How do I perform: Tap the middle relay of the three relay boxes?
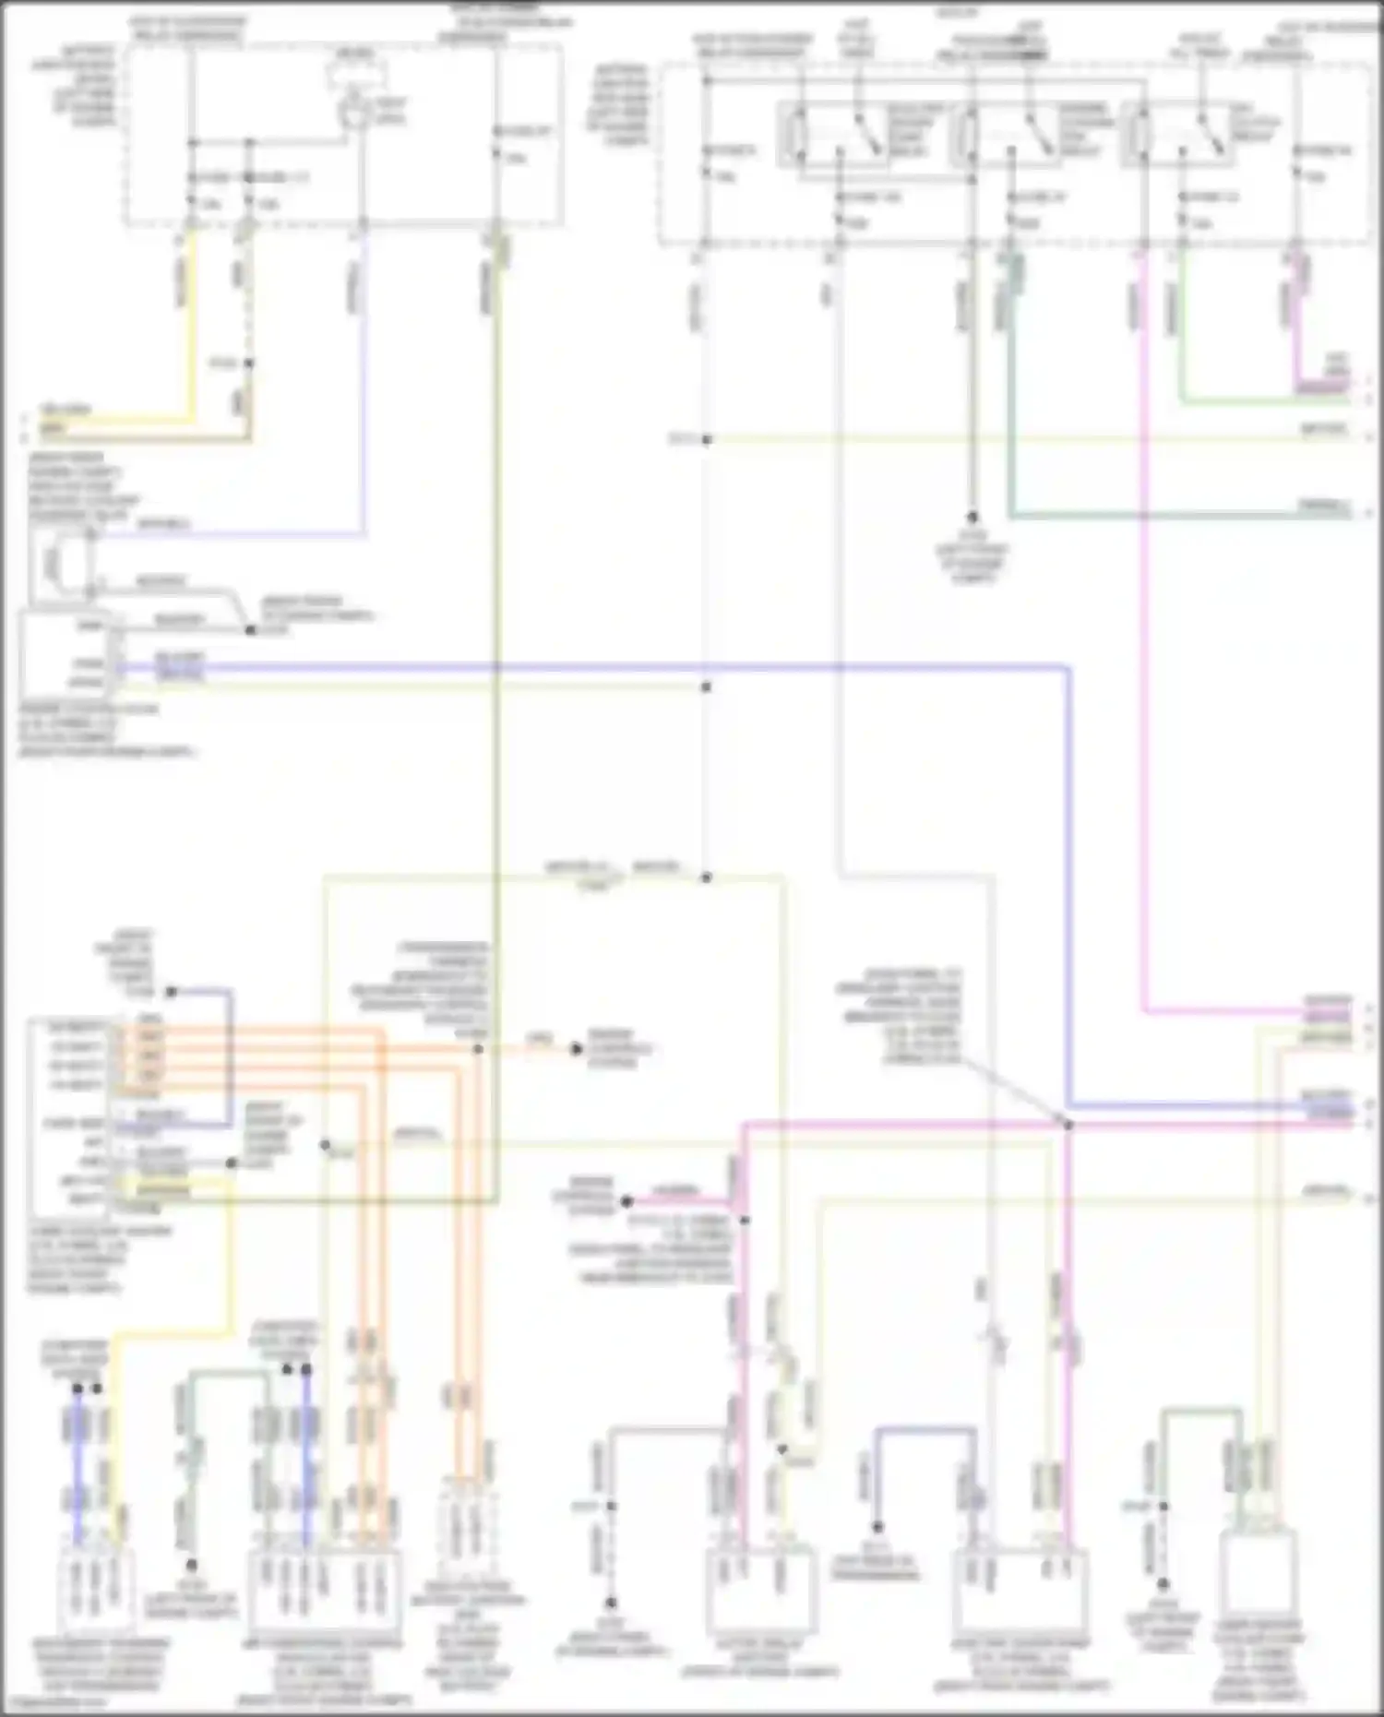(1008, 135)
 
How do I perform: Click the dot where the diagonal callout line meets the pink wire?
(1068, 1125)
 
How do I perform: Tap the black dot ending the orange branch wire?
(576, 1049)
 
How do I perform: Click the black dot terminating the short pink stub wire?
(626, 1201)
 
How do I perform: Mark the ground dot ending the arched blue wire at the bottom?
(877, 1527)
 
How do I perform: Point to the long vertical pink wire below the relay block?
(1144, 646)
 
